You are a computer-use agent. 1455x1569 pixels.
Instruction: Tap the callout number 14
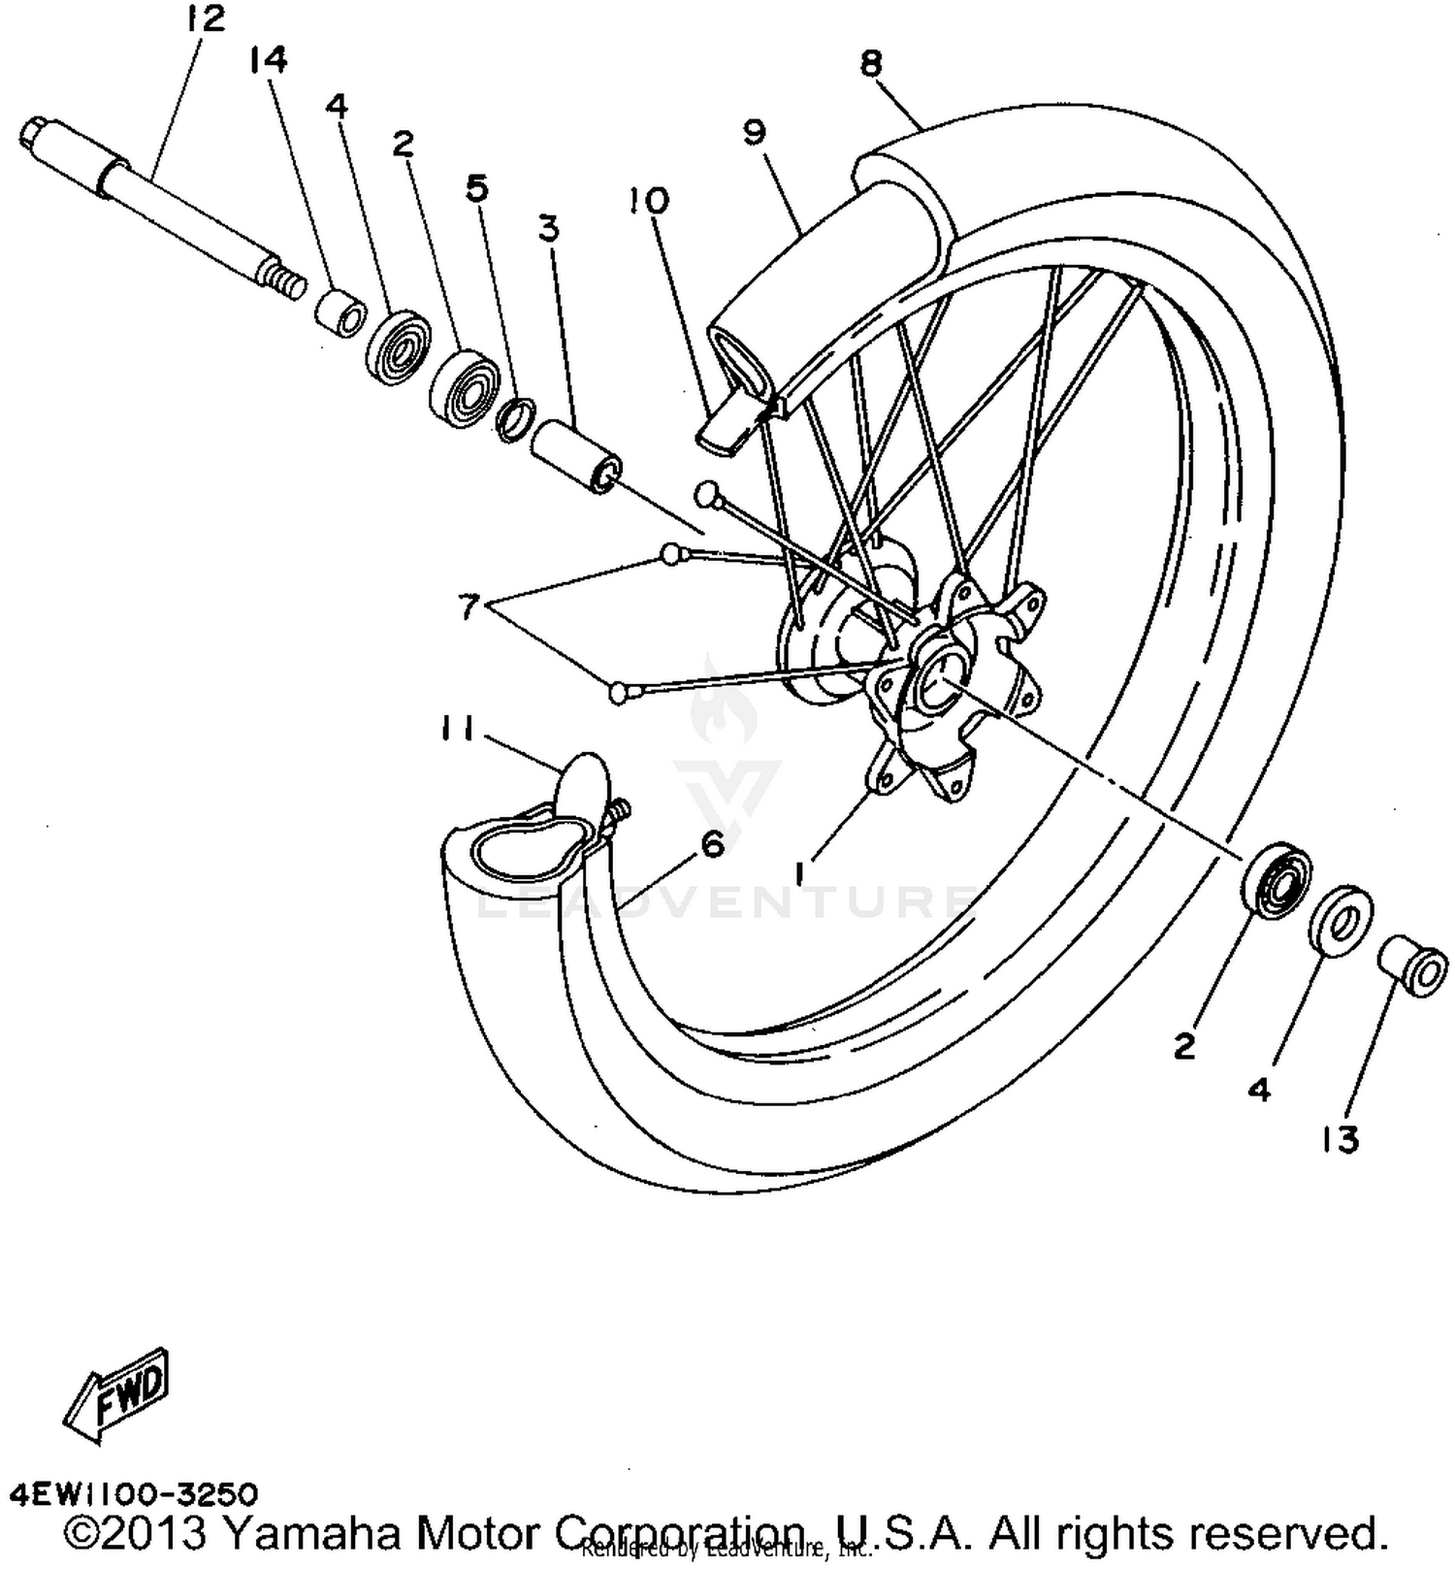268,60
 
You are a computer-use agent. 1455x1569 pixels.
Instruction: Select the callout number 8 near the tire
870,64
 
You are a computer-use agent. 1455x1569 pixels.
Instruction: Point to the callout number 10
648,201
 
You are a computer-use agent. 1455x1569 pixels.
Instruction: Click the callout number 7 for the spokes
469,608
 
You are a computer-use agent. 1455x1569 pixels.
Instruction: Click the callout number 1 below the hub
800,874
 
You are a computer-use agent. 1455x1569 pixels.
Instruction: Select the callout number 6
713,845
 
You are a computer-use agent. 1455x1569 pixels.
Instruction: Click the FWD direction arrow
116,1392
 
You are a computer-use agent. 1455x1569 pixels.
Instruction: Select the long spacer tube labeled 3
576,457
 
